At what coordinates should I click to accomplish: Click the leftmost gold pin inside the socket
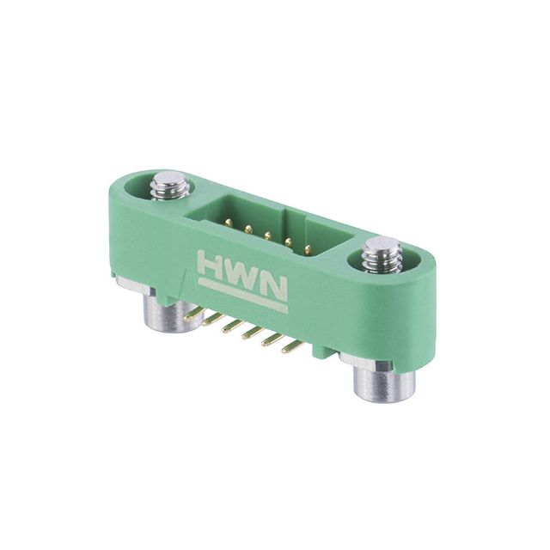click(x=227, y=221)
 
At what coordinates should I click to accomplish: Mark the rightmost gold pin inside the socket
click(x=307, y=248)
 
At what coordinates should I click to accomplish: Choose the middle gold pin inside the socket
click(x=267, y=235)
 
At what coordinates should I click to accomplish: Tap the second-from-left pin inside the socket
click(x=247, y=228)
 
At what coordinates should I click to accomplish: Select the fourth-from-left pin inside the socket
click(x=287, y=241)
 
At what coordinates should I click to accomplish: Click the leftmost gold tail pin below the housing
click(x=192, y=315)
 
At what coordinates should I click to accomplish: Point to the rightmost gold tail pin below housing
click(x=292, y=347)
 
